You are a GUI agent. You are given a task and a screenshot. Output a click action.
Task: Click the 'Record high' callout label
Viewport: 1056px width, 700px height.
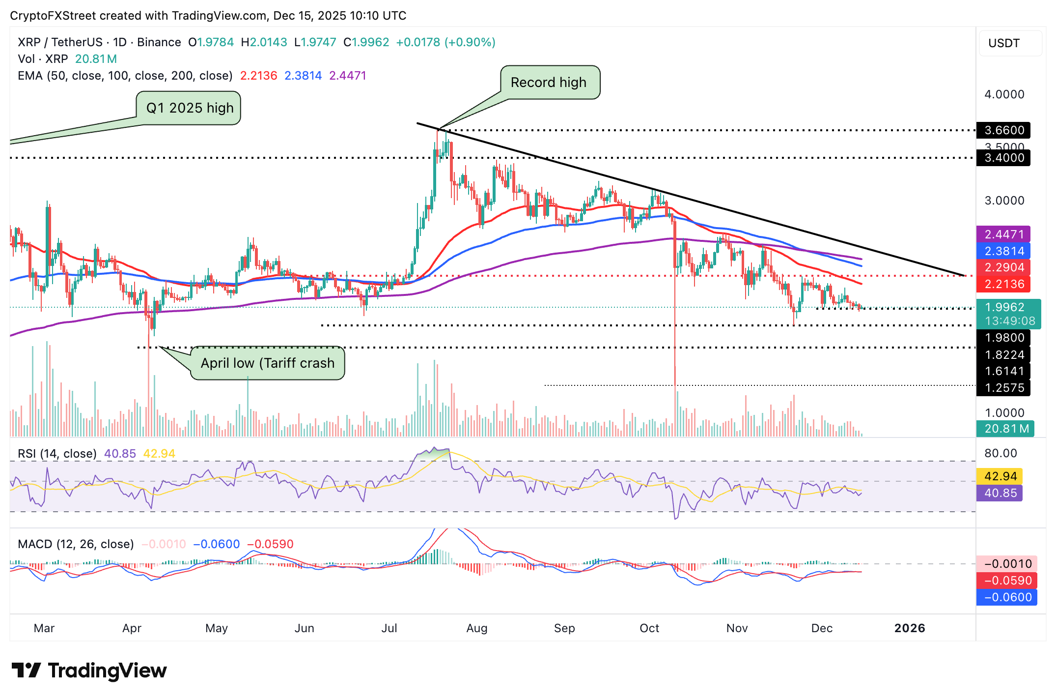(549, 83)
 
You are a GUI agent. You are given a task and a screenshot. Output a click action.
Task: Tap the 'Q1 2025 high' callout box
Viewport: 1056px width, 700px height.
(190, 108)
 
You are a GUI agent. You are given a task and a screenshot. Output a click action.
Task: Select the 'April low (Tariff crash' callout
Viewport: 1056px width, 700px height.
(267, 363)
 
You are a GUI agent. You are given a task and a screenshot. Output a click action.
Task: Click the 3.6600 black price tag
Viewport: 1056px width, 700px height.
(1003, 130)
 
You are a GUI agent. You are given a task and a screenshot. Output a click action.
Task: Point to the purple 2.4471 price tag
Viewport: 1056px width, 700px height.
(1003, 234)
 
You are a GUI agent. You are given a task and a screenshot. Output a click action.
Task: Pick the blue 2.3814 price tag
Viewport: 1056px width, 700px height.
(1003, 251)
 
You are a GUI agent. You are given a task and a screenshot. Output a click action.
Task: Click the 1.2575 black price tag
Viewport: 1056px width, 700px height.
(1003, 388)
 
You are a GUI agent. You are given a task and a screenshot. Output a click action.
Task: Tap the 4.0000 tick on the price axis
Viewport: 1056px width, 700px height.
(1004, 94)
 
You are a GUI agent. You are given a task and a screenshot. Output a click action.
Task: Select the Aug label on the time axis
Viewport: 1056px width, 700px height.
(476, 628)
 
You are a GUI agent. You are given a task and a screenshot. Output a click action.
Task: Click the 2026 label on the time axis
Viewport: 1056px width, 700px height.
(910, 628)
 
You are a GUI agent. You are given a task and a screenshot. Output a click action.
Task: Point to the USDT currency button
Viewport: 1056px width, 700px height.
(1004, 43)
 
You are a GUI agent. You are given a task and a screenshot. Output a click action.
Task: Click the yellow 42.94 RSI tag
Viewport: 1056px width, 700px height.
(1000, 476)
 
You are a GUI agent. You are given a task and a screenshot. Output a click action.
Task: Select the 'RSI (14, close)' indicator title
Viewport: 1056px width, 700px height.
(57, 454)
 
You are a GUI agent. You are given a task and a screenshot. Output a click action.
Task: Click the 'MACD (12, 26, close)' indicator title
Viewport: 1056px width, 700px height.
(76, 544)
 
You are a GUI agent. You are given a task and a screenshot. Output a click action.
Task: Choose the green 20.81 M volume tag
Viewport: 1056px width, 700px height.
(1005, 429)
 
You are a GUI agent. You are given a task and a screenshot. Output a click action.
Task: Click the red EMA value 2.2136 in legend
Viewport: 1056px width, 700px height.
(258, 76)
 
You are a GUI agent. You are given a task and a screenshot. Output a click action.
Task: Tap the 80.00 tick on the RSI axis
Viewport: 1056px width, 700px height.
(1000, 453)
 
